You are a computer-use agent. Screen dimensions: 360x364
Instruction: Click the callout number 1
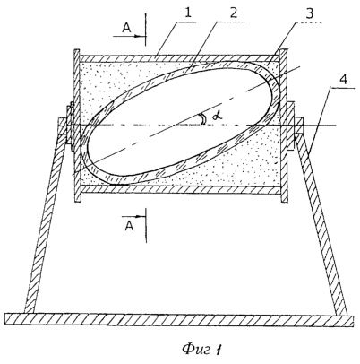(x=188, y=13)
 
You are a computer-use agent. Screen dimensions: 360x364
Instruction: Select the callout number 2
(x=234, y=13)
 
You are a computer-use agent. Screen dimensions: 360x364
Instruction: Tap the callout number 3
(x=310, y=13)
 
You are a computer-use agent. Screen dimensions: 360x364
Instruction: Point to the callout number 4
(x=344, y=80)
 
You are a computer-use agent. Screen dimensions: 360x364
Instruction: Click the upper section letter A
(x=126, y=28)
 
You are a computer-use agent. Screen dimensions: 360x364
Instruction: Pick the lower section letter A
(x=129, y=227)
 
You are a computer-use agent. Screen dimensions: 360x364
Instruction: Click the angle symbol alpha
(x=218, y=117)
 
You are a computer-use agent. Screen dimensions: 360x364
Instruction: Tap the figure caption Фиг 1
(x=203, y=349)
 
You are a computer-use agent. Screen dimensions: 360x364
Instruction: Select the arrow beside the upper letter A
(x=129, y=36)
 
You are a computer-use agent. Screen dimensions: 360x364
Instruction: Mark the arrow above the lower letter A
(x=134, y=216)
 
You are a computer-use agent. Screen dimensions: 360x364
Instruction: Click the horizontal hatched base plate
(x=179, y=319)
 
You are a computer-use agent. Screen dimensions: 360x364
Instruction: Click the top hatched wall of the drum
(x=179, y=58)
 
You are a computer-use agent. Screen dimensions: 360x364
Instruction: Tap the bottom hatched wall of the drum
(x=181, y=189)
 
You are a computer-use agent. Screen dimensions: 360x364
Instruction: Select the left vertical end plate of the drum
(x=77, y=126)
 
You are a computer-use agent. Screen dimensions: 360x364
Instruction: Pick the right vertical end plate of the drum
(x=284, y=126)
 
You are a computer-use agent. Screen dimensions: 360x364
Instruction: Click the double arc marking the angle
(x=203, y=119)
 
